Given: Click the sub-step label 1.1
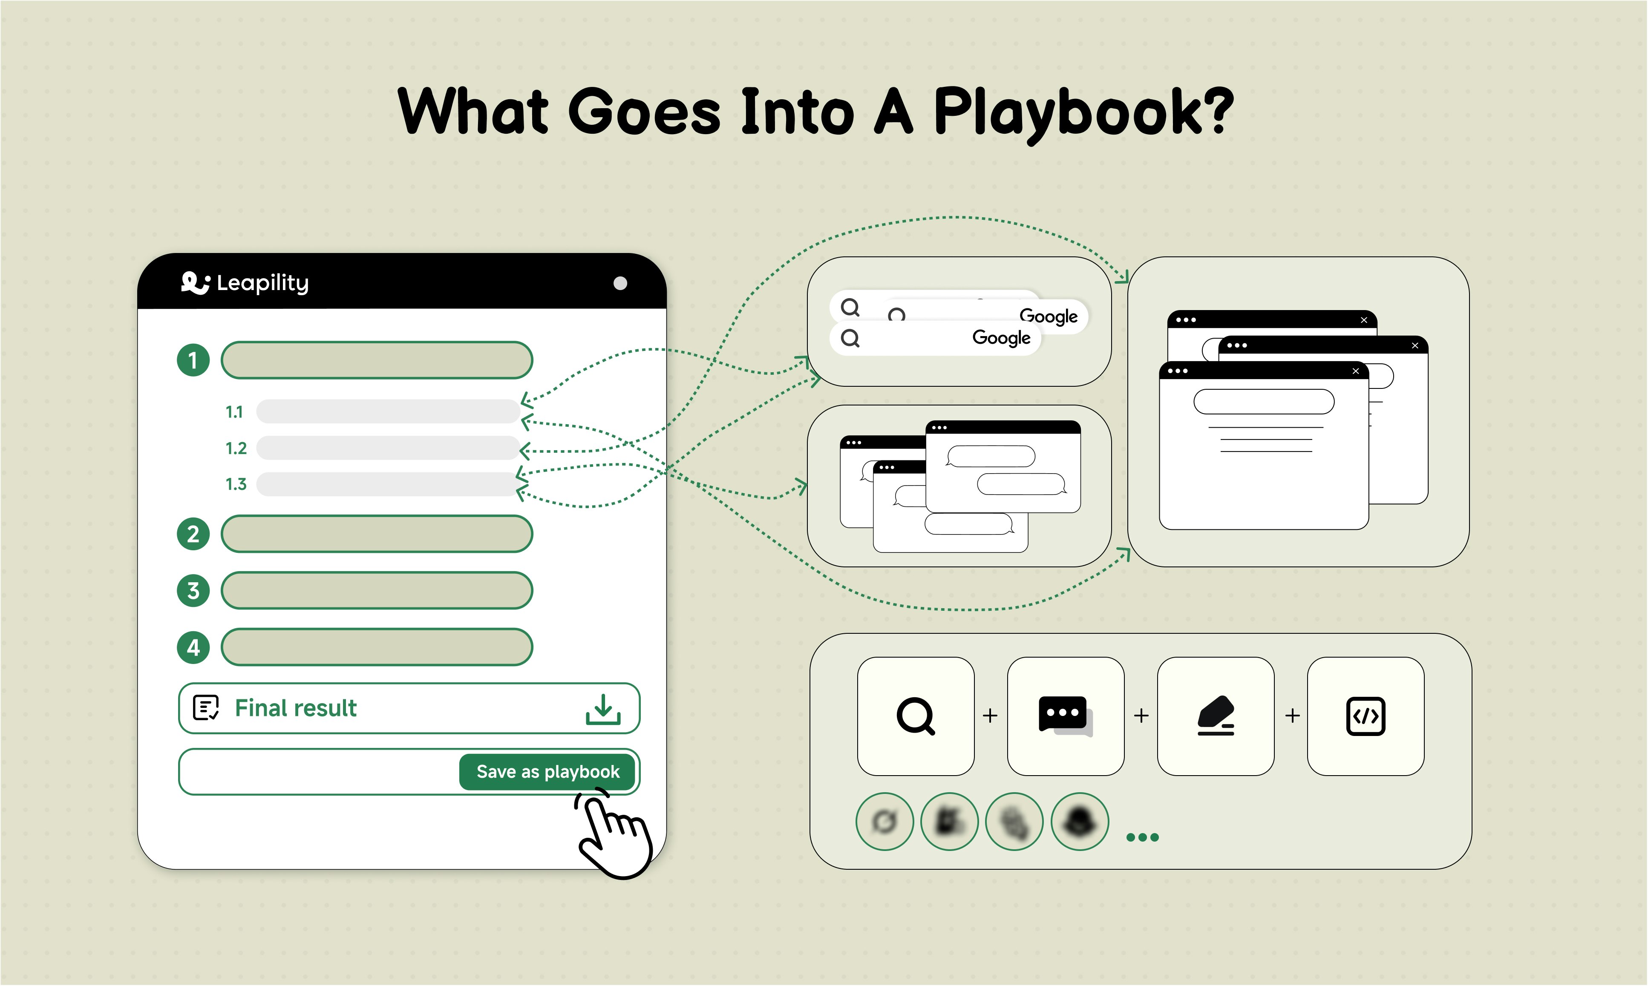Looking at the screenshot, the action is pos(234,412).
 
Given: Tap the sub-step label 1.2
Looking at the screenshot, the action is pos(236,448).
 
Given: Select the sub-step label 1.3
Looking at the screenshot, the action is pos(236,484).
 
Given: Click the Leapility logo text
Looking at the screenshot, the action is pos(262,283).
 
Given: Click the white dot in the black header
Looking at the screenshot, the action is pos(620,284).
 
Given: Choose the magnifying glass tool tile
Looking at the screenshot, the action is pos(916,716).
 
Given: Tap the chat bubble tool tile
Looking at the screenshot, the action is pos(1066,716).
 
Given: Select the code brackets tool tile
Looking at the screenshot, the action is pos(1366,716).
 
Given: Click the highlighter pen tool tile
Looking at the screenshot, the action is pos(1216,716).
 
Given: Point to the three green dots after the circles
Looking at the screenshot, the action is pos(1142,837).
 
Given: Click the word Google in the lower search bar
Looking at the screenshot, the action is pos(1001,338).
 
